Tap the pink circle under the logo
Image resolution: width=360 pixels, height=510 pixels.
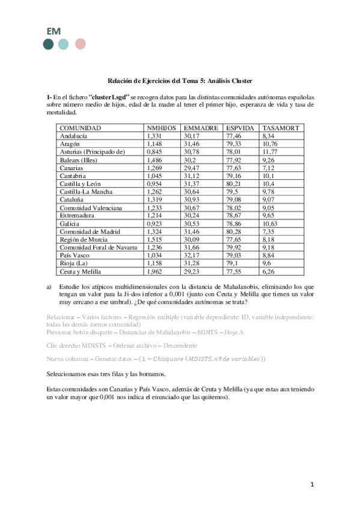point(79,43)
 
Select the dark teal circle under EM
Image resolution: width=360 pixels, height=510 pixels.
point(49,43)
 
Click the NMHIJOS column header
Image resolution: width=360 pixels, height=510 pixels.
point(162,128)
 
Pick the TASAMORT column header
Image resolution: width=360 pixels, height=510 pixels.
point(281,128)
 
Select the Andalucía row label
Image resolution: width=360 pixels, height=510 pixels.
point(74,137)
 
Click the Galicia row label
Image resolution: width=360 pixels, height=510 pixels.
point(70,223)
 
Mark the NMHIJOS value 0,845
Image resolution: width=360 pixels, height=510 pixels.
point(154,153)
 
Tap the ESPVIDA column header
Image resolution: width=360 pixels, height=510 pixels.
point(240,128)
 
